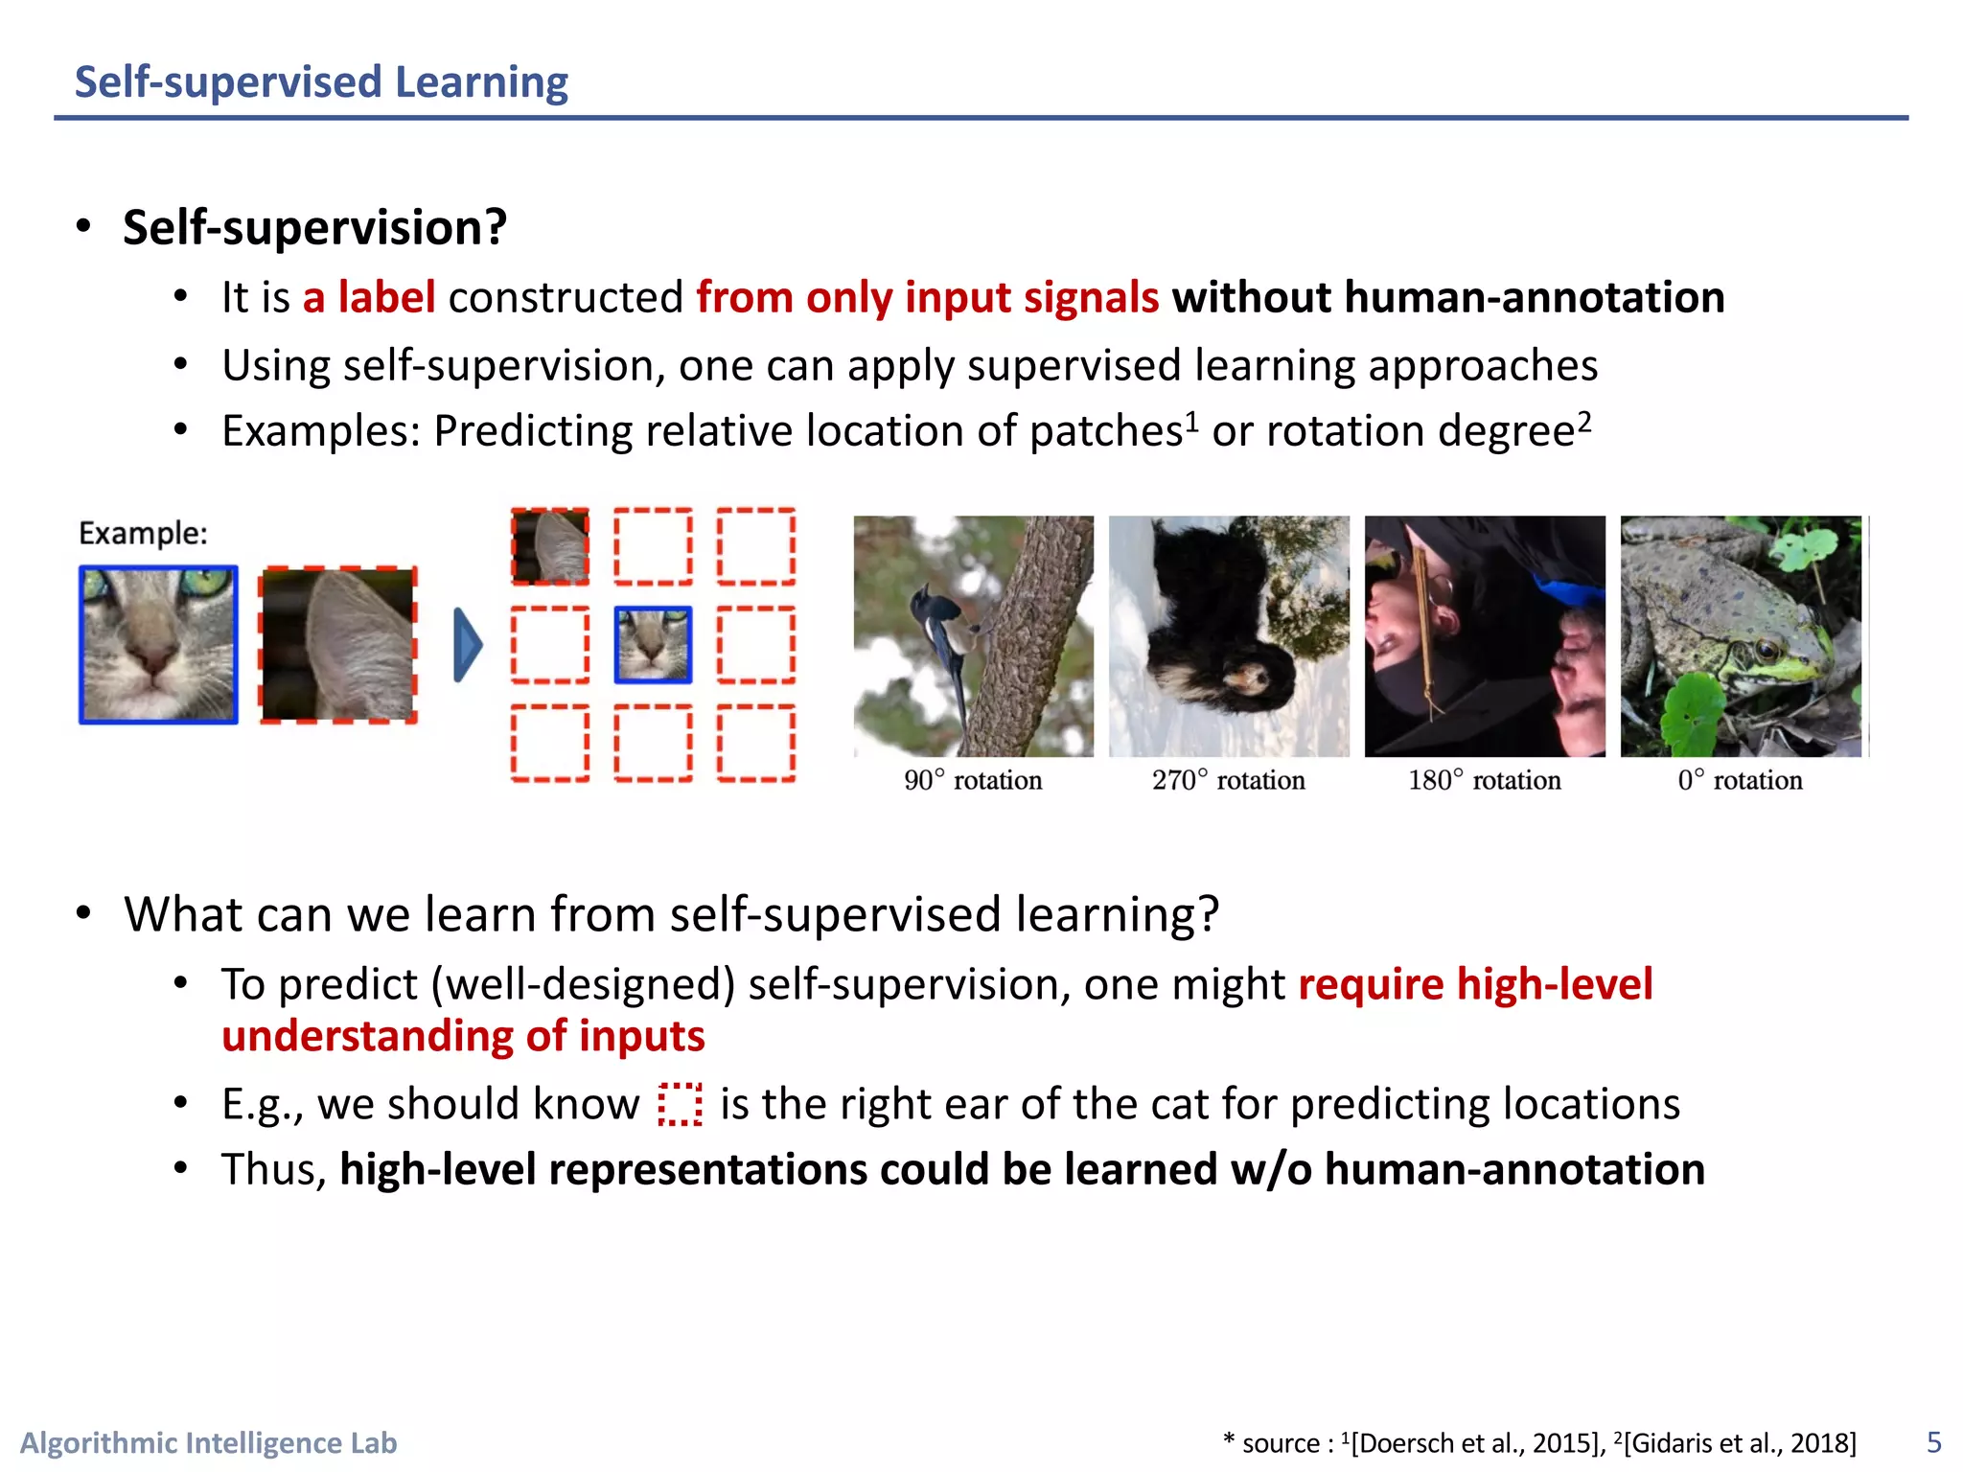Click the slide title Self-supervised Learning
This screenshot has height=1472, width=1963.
[x=321, y=82]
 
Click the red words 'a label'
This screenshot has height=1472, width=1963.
[x=369, y=297]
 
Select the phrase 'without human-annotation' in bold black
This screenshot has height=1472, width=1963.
[x=1447, y=297]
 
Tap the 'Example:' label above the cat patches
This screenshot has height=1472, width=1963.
[x=143, y=533]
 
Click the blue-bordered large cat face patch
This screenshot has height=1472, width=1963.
[x=158, y=644]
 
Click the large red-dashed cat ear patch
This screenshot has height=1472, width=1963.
[x=338, y=644]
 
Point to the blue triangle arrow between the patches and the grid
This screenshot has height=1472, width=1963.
[x=467, y=644]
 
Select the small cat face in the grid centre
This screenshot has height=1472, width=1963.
[x=653, y=644]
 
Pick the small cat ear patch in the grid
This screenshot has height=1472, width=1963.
[x=550, y=546]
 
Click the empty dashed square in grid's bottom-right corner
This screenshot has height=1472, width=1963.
[x=756, y=743]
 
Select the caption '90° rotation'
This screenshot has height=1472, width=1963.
[x=973, y=780]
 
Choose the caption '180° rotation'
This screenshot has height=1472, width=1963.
[x=1484, y=780]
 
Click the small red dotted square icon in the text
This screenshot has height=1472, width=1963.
[x=680, y=1104]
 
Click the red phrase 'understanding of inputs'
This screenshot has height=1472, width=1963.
[x=463, y=1036]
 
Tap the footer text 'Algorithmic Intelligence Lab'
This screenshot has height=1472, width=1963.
[x=209, y=1442]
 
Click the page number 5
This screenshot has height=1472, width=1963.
[x=1933, y=1442]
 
